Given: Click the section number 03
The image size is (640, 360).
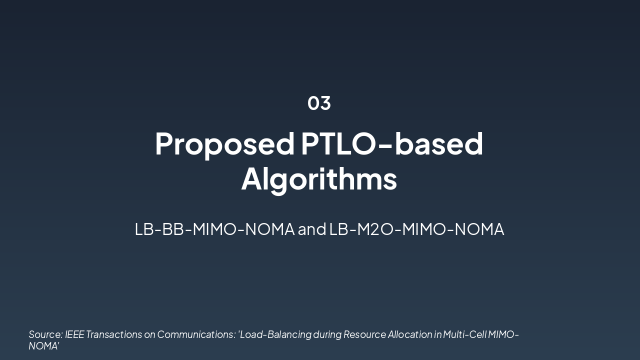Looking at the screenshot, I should tap(319, 103).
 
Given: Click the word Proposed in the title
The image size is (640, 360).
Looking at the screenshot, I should tap(225, 144).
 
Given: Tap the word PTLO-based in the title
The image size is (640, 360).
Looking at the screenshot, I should tap(392, 144).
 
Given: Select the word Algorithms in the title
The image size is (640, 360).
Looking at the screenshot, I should tap(319, 179).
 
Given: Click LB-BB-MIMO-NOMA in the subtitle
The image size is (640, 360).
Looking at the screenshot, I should tap(214, 229).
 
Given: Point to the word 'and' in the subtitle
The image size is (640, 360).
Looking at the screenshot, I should tap(312, 229).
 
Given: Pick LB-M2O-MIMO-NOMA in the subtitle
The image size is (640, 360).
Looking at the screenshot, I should tap(416, 229).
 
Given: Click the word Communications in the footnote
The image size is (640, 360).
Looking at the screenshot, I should tap(196, 334).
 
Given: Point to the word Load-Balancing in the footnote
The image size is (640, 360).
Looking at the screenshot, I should tap(275, 334).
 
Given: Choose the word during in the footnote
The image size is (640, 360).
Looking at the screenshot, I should tap(327, 334).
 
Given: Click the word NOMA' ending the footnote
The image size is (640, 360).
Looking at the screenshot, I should tap(44, 346).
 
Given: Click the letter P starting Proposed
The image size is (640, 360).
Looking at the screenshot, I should tap(163, 144).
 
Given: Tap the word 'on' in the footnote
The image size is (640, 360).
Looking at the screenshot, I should tap(149, 334).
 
